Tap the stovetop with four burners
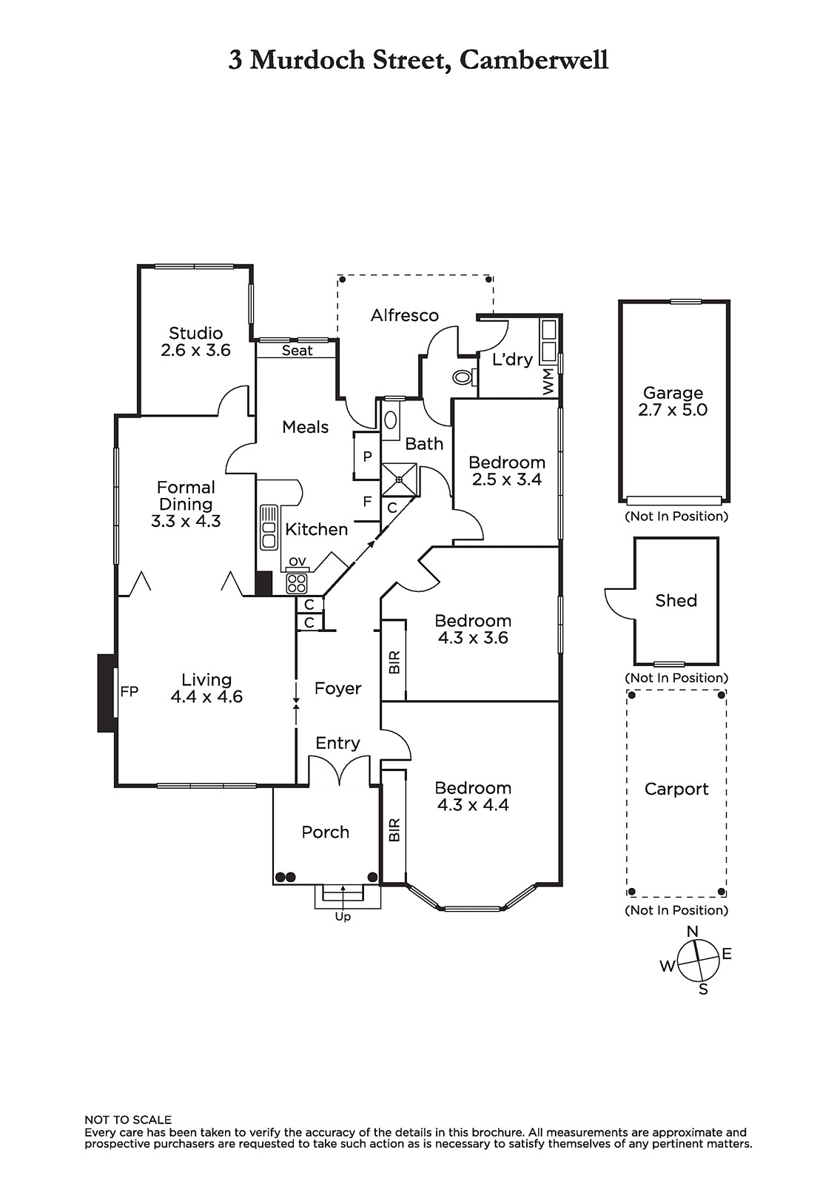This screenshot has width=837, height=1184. click(x=296, y=583)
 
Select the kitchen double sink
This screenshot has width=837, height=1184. click(x=269, y=527)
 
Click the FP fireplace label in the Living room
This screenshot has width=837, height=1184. click(x=130, y=692)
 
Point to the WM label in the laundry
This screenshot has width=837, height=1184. click(x=548, y=383)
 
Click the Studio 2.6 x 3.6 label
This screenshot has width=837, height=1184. click(x=195, y=342)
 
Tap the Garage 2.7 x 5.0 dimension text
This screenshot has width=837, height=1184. click(x=673, y=410)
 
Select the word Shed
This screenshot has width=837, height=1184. click(x=676, y=600)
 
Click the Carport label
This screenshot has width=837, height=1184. click(x=676, y=789)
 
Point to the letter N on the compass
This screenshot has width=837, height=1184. click(x=693, y=932)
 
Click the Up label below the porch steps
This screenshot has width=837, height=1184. click(x=343, y=917)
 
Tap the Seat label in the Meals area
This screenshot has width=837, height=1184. click(x=297, y=351)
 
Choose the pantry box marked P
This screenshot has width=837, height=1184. click(x=367, y=457)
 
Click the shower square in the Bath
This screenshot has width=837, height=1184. click(x=399, y=480)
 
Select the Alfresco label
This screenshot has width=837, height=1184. click(x=405, y=315)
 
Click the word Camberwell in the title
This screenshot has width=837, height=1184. click(x=534, y=60)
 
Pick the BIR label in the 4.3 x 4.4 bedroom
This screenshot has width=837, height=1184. click(x=394, y=830)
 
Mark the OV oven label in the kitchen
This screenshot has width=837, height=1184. click(x=297, y=562)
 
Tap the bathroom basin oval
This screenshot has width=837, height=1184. click(x=391, y=420)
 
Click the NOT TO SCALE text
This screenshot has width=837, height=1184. click(x=128, y=1120)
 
